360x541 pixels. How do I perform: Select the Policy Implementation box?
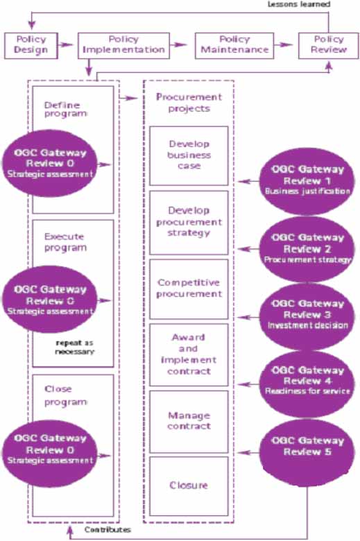pyautogui.click(x=123, y=45)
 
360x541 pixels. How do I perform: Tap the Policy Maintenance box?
pyautogui.click(x=234, y=45)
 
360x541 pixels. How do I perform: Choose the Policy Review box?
pyautogui.click(x=327, y=45)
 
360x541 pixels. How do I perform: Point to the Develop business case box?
pyautogui.click(x=189, y=155)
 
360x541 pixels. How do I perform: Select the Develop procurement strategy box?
pyautogui.click(x=189, y=223)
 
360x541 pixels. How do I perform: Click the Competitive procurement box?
pyautogui.click(x=189, y=289)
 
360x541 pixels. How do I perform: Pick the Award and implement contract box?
pyautogui.click(x=189, y=354)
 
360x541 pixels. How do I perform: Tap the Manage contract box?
pyautogui.click(x=189, y=422)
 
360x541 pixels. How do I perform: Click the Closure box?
pyautogui.click(x=189, y=485)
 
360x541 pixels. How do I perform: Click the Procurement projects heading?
pyautogui.click(x=189, y=103)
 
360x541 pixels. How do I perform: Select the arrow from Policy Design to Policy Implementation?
pyautogui.click(x=66, y=45)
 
